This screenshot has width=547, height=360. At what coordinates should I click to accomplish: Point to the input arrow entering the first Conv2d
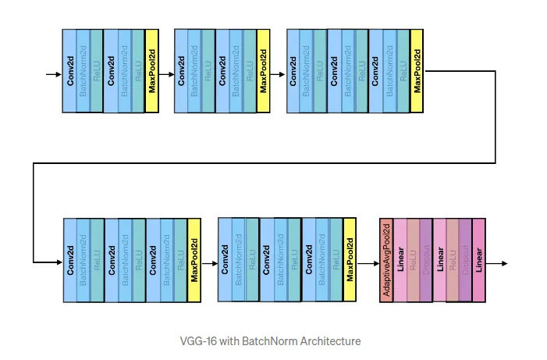[x=53, y=75]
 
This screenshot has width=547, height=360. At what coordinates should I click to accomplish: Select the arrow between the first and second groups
[x=165, y=75]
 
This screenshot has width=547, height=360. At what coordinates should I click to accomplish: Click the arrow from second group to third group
[x=278, y=75]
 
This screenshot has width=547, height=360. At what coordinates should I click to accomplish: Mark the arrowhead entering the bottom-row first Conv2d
[x=58, y=262]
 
